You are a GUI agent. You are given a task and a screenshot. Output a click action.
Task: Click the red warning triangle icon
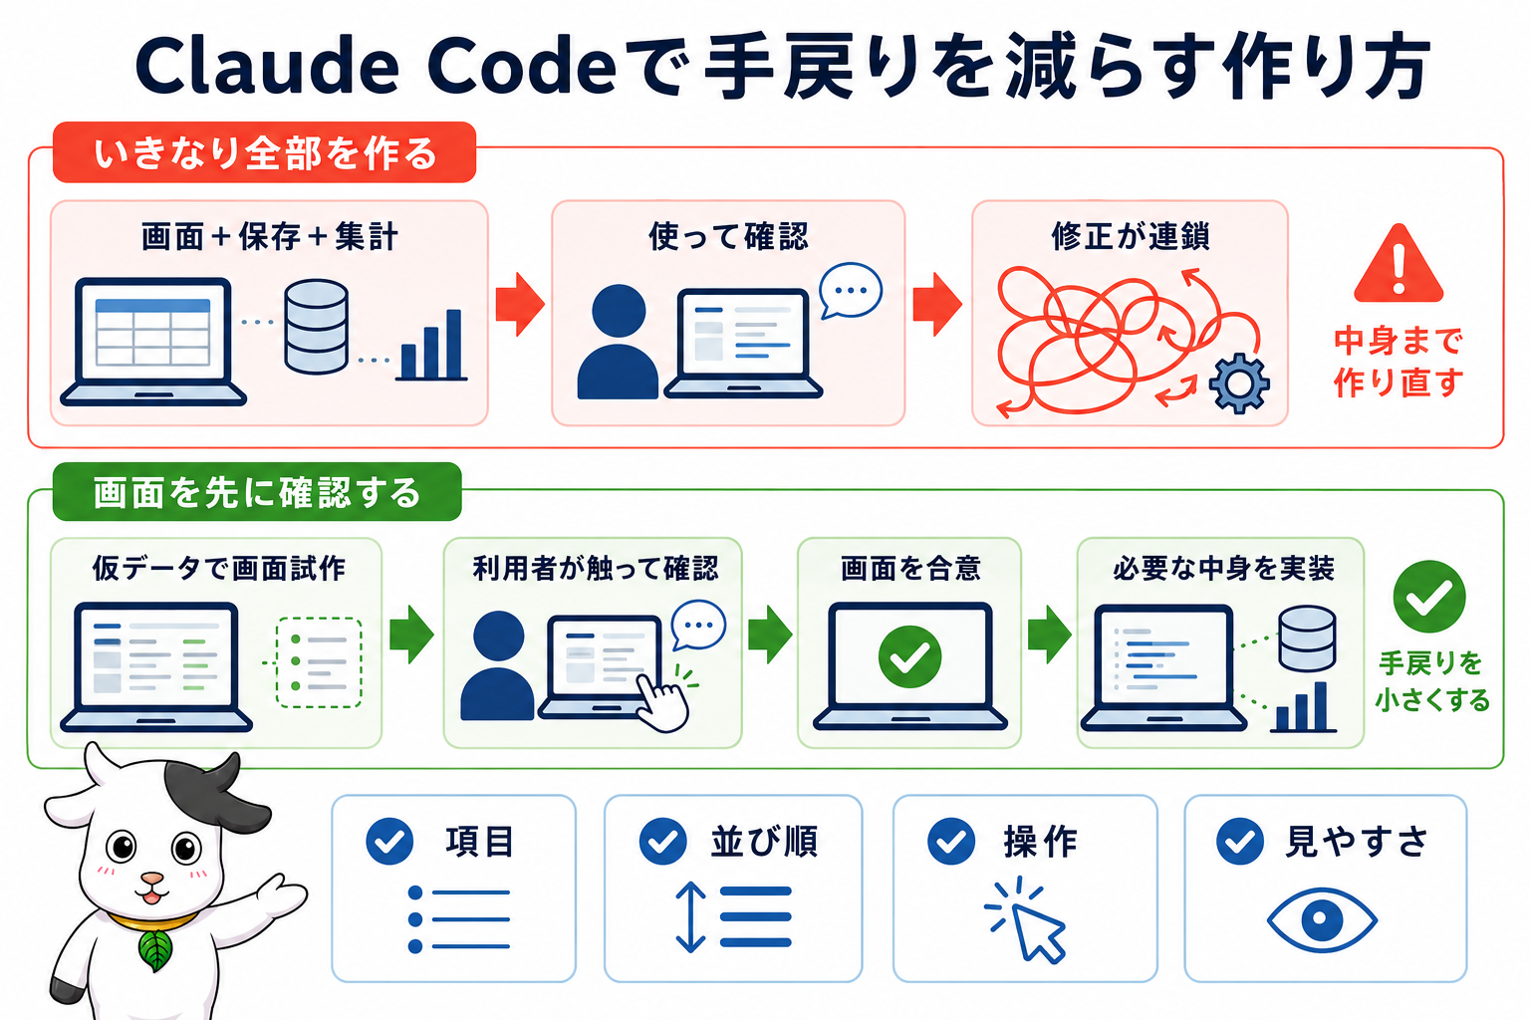[1399, 266]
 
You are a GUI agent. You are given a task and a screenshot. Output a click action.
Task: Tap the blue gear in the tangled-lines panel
[1239, 383]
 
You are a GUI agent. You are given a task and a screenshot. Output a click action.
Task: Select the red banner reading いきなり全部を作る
[264, 152]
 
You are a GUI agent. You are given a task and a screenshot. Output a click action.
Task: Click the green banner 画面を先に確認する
[257, 492]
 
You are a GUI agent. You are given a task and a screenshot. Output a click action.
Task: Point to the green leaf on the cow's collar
[155, 949]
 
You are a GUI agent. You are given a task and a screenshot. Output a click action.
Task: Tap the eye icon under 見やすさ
[1322, 919]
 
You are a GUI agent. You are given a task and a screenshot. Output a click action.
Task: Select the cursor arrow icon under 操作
[1027, 919]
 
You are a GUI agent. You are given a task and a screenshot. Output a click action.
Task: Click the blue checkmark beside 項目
[389, 841]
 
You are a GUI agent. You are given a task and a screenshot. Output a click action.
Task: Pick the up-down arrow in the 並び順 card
[690, 916]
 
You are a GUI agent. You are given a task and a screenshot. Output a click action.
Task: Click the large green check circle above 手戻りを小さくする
[1429, 597]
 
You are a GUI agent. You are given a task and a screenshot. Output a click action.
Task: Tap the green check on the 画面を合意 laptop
[909, 656]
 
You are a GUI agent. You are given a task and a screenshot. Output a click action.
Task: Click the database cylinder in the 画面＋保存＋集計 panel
[316, 327]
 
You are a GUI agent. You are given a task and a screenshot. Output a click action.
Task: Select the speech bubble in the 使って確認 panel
[850, 290]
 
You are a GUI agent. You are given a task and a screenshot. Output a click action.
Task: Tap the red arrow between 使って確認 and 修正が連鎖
[937, 305]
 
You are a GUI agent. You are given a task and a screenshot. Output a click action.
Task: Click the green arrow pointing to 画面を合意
[770, 634]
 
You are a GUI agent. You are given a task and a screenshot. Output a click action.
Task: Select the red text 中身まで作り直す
[1399, 362]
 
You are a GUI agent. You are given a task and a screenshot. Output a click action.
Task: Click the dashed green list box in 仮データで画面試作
[319, 662]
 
